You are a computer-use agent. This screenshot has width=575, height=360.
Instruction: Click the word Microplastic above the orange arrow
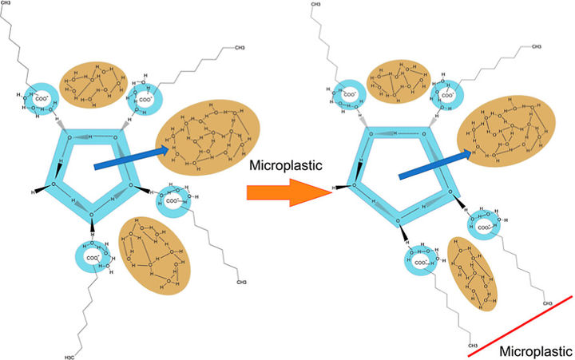point(286,167)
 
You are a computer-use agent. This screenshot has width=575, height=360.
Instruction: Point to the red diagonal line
point(520,325)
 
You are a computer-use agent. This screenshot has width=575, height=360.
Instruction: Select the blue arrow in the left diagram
point(131,156)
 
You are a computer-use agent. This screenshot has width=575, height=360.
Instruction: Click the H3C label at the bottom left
point(71,350)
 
